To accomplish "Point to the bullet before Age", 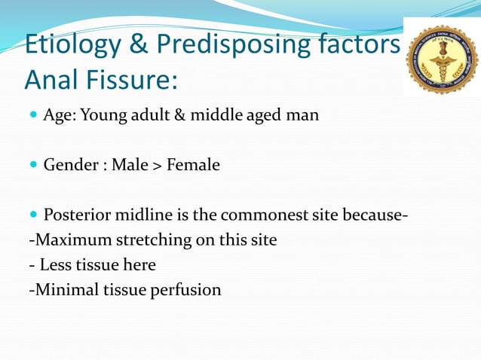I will coord(32,115).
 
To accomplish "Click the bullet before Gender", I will coord(32,164).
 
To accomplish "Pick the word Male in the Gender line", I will coord(130,164).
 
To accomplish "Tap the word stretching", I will coord(142,240).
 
